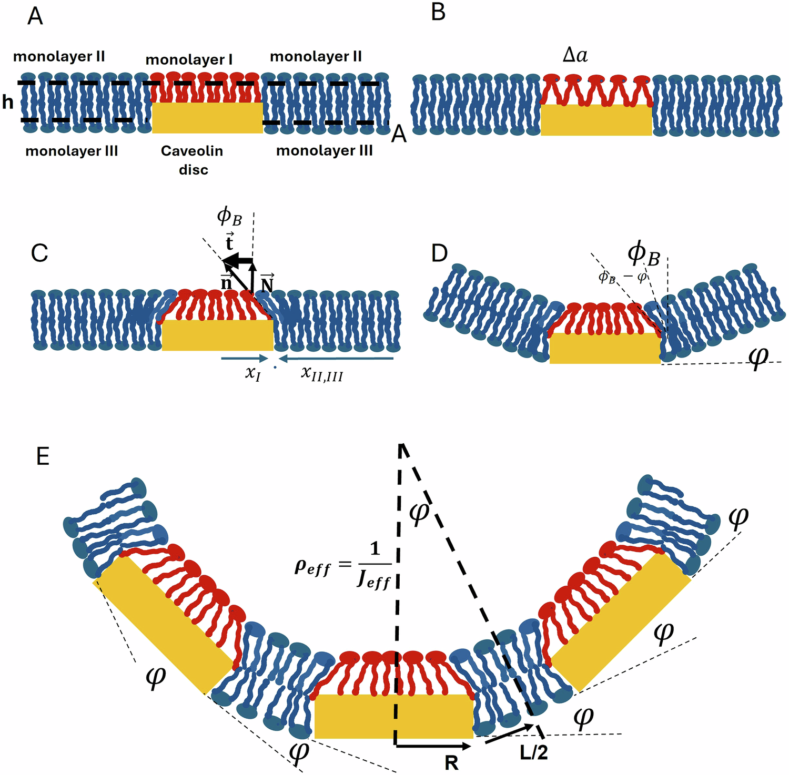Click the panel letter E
[x=43, y=456]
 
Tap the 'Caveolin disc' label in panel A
[x=192, y=160]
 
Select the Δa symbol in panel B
[x=575, y=55]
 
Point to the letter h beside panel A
[x=7, y=102]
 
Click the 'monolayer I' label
[x=189, y=60]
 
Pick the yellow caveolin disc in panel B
[x=596, y=120]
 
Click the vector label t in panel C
[x=229, y=243]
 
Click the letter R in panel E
[x=451, y=762]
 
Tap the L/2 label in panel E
[x=534, y=753]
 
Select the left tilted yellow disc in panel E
[x=164, y=624]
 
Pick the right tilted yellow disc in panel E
[x=621, y=623]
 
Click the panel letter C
[x=39, y=253]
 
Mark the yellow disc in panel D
[x=605, y=348]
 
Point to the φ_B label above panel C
[x=229, y=216]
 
